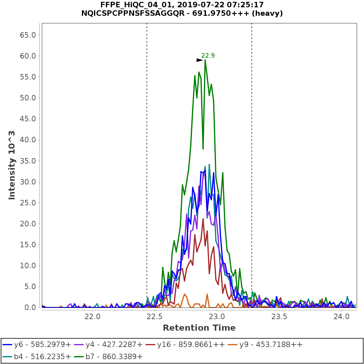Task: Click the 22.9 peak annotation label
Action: [x=208, y=56]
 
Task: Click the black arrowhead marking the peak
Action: [x=200, y=60]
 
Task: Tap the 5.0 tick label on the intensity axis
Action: [x=32, y=287]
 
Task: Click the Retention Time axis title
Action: [x=199, y=328]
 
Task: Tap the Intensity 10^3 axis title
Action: [x=12, y=165]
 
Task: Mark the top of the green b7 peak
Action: [x=205, y=60]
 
